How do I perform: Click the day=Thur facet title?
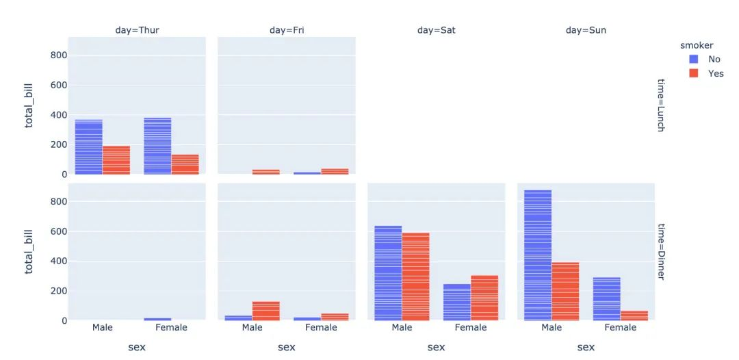(x=137, y=30)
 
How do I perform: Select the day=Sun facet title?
(x=586, y=30)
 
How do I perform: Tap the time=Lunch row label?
(x=660, y=105)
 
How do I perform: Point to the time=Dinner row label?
(x=660, y=252)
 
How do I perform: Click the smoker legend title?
(x=697, y=46)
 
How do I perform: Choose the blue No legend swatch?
(x=694, y=60)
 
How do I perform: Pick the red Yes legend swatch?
(x=694, y=73)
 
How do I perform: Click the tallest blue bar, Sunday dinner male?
(x=538, y=255)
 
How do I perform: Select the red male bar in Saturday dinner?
(x=416, y=277)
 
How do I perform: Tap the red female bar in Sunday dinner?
(x=634, y=316)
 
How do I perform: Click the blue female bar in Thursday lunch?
(x=157, y=146)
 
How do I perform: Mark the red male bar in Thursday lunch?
(x=116, y=160)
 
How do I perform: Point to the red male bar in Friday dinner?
(x=265, y=311)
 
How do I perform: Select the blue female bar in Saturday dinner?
(x=456, y=303)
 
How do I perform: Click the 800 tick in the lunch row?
(x=59, y=55)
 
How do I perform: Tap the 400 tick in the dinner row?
(x=59, y=261)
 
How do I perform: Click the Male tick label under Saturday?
(x=402, y=327)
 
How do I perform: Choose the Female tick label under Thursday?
(x=172, y=327)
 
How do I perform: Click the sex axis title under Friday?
(x=287, y=347)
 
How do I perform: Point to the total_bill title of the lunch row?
(x=30, y=105)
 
